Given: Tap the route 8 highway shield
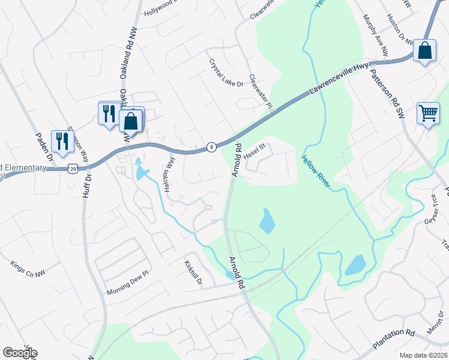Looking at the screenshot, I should [x=211, y=147].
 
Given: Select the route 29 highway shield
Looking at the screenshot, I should [x=73, y=169].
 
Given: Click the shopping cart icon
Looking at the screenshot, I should [x=428, y=112].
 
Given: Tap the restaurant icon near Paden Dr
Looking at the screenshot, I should [x=62, y=142].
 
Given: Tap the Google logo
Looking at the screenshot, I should [x=19, y=352].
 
